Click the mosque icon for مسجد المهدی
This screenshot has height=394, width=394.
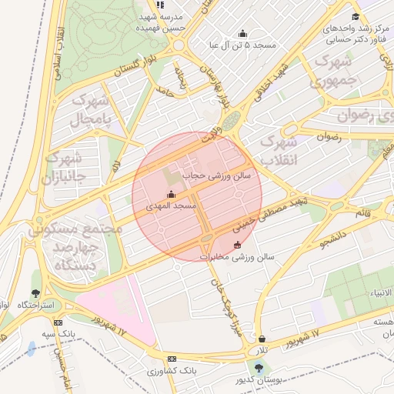point(171,194)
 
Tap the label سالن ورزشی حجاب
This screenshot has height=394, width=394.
point(215,176)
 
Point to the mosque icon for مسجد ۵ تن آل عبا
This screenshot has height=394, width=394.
point(243,33)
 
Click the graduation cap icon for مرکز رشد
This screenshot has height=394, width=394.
point(355,17)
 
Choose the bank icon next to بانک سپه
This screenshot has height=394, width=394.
point(58,322)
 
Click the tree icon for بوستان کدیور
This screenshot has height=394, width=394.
point(257,369)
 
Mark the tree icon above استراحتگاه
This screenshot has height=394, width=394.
point(35,293)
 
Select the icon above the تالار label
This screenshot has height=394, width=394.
point(262,338)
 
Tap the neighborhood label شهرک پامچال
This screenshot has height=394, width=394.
point(91,110)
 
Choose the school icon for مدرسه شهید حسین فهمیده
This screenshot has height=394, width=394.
point(160,4)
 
